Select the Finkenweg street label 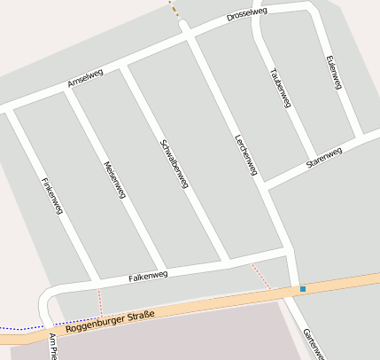51,194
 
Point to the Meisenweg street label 115,178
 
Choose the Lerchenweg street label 245,153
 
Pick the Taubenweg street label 280,86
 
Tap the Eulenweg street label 334,72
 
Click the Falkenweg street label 148,276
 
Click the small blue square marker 303,289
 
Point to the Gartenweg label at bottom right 314,344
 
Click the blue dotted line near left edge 22,328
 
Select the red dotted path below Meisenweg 100,301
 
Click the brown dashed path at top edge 174,9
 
